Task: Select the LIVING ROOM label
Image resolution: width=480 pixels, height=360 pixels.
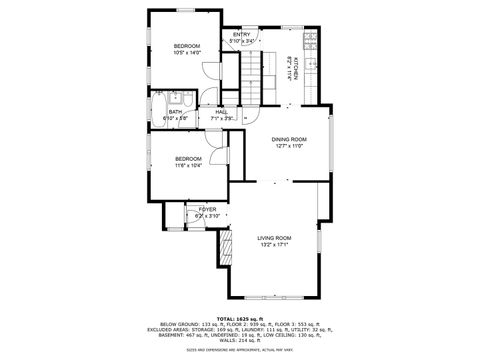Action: click(x=274, y=238)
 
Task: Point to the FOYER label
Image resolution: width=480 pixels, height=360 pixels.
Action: click(x=207, y=209)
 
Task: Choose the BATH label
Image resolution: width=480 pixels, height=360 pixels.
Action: click(x=175, y=112)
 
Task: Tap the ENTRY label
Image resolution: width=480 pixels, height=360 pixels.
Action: click(x=242, y=35)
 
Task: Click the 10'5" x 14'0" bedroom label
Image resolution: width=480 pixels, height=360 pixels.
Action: click(x=187, y=47)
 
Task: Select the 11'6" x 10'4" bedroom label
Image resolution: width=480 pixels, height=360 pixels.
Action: click(x=189, y=158)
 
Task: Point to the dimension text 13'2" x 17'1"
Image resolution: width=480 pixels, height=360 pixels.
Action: click(x=274, y=245)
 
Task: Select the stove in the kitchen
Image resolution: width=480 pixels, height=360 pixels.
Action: click(x=311, y=41)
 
